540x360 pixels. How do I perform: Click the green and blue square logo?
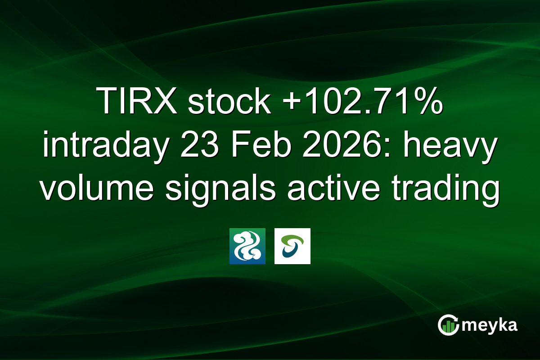(247, 246)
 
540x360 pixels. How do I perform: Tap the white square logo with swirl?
(292, 246)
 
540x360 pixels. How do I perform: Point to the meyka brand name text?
(488, 325)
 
